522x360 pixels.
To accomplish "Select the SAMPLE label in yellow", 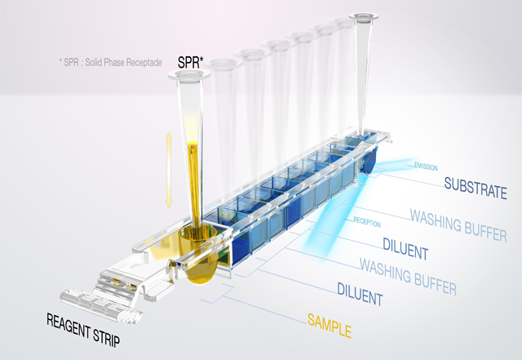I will pyautogui.click(x=330, y=331).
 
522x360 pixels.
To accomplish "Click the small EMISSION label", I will pyautogui.click(x=427, y=167).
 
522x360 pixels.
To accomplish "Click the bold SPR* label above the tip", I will pyautogui.click(x=190, y=62).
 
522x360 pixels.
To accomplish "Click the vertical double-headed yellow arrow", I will pyautogui.click(x=169, y=170).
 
